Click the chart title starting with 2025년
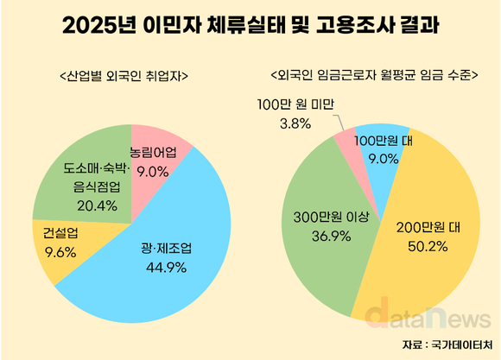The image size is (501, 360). pyautogui.click(x=250, y=27)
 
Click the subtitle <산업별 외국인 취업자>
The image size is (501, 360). pyautogui.click(x=124, y=76)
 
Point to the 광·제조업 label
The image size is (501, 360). pyautogui.click(x=166, y=249)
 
